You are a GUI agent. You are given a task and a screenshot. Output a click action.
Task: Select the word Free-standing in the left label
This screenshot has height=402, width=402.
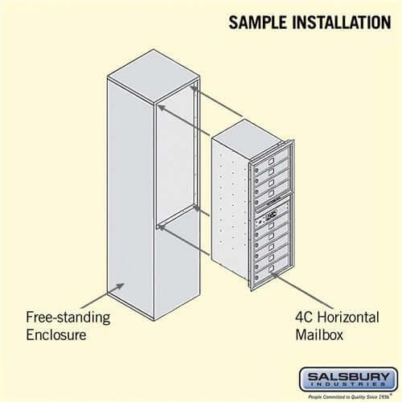point(68,317)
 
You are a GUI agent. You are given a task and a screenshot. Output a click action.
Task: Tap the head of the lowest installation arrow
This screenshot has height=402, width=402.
point(160,227)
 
